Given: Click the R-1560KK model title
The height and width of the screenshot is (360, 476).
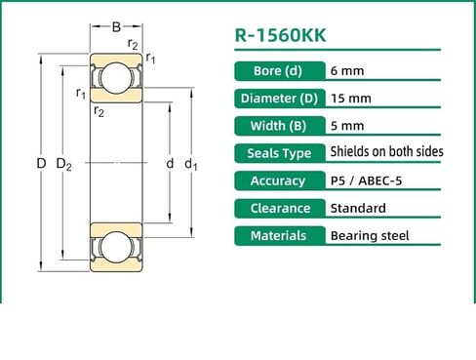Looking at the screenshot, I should (x=281, y=36).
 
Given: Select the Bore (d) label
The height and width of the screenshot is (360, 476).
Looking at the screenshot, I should (x=277, y=71).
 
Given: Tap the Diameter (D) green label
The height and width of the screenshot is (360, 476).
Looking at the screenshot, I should (x=277, y=99).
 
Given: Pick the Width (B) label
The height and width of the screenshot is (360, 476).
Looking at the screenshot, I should (x=277, y=126).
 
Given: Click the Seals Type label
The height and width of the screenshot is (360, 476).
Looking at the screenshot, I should (x=277, y=153).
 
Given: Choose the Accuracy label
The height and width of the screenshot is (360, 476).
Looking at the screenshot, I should (x=277, y=180).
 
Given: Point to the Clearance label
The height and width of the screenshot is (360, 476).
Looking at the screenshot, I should (x=277, y=208).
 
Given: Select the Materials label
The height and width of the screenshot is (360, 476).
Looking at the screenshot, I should (x=277, y=235).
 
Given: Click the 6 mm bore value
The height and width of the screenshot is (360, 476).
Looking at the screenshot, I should (x=347, y=71).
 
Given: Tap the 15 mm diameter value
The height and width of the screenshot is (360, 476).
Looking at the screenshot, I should (x=351, y=99).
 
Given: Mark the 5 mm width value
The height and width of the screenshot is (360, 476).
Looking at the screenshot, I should (x=347, y=126).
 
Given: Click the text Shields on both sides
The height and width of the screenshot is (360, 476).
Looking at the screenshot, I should (x=386, y=152).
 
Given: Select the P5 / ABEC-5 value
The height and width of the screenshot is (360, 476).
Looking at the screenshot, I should (x=372, y=180).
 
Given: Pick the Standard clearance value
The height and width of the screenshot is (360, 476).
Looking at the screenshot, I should (x=358, y=208).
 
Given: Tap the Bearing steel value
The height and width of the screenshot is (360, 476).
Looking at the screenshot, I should (x=370, y=235).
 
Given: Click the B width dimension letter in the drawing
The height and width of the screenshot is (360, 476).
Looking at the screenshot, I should (x=116, y=27).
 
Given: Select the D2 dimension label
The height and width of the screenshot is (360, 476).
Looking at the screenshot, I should (x=64, y=165).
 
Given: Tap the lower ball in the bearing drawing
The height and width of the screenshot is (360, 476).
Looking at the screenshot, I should (x=116, y=247).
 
